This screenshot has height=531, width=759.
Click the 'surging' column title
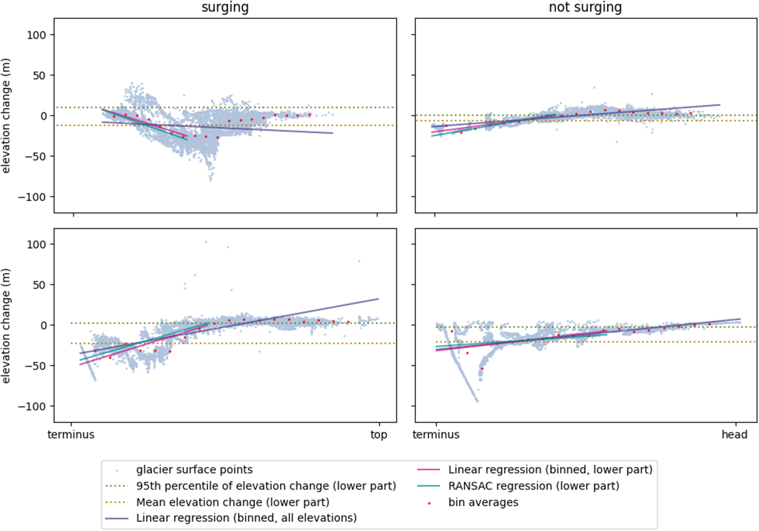click(x=225, y=8)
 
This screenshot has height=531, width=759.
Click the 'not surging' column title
click(x=585, y=8)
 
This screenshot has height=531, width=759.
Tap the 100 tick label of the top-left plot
click(x=36, y=35)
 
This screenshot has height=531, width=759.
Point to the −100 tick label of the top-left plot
click(x=32, y=197)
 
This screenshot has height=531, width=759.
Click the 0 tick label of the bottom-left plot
click(x=44, y=325)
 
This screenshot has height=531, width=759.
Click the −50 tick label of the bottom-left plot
click(x=35, y=366)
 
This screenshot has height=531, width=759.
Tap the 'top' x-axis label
click(x=379, y=435)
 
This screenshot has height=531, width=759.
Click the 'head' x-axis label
click(x=735, y=435)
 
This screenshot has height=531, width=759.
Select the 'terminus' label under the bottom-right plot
click(x=436, y=435)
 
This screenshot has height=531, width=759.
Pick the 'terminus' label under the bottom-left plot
click(x=71, y=435)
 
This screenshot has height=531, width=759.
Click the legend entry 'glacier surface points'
click(x=194, y=470)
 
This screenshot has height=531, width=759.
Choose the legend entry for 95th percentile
click(x=250, y=486)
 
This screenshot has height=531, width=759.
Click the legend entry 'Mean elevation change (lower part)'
click(x=217, y=503)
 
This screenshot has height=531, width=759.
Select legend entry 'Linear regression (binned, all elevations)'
click(x=231, y=518)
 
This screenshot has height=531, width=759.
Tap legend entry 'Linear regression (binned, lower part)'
click(x=535, y=470)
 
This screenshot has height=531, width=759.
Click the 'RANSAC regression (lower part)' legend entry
click(x=518, y=486)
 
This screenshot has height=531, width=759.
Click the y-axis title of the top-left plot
click(x=6, y=116)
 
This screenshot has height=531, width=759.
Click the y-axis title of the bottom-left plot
click(x=6, y=326)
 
